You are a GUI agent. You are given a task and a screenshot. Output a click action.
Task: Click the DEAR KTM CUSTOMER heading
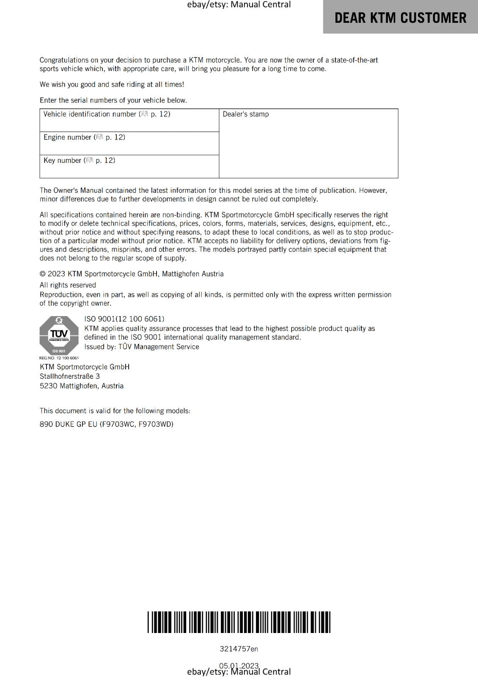(400, 18)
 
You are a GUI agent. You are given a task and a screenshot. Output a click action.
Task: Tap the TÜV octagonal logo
(59, 336)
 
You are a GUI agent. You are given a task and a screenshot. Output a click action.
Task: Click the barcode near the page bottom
(239, 622)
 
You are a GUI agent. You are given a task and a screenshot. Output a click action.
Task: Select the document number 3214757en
(239, 649)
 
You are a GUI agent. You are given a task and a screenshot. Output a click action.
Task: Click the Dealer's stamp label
(245, 114)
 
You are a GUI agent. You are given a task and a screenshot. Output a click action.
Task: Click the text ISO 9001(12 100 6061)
(124, 319)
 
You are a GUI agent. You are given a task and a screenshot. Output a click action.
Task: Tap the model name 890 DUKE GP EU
(69, 424)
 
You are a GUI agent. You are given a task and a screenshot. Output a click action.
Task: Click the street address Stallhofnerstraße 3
(70, 376)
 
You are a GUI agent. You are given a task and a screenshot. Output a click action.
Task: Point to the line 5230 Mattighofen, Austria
(82, 386)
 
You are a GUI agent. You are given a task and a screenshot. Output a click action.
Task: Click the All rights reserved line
(68, 285)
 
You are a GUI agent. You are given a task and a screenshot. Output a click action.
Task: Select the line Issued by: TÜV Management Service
(141, 347)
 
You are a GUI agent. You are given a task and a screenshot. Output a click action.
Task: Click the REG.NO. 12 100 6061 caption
(59, 358)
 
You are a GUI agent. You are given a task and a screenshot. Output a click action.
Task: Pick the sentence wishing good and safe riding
(112, 85)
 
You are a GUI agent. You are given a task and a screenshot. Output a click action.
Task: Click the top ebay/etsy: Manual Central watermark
(239, 5)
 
